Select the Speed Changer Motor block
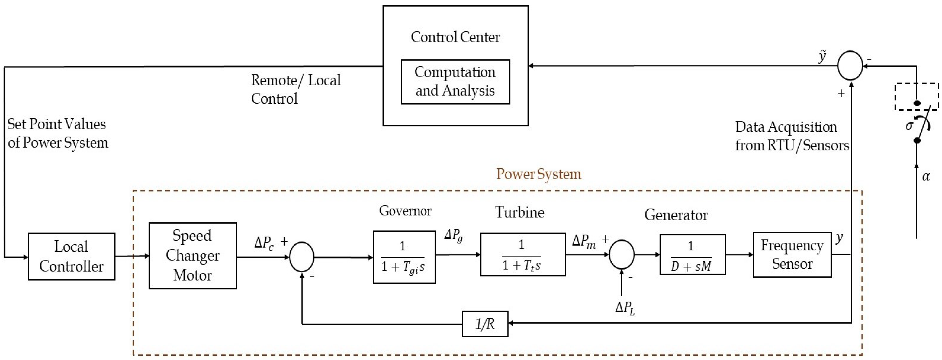(x=192, y=255)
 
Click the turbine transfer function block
(x=523, y=254)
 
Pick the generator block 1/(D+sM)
(x=692, y=254)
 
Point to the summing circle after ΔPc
(x=301, y=257)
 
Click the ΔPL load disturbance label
(x=625, y=308)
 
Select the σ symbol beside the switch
(x=909, y=126)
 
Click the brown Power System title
(x=538, y=174)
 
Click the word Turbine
(x=520, y=212)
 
